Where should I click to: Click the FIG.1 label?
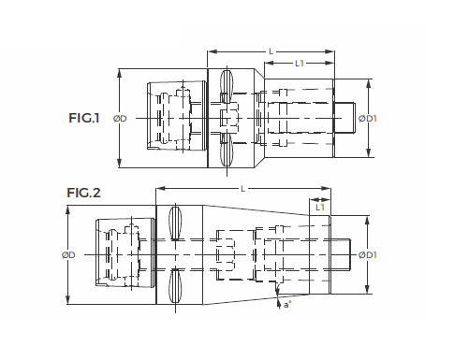pyautogui.click(x=84, y=118)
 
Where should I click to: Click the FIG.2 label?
pyautogui.click(x=83, y=193)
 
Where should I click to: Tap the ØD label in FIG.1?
pyautogui.click(x=120, y=119)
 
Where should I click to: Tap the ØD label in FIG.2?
pyautogui.click(x=68, y=255)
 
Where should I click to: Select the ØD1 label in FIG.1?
pyautogui.click(x=368, y=119)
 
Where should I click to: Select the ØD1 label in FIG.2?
pyautogui.click(x=368, y=255)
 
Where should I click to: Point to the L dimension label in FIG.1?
pyautogui.click(x=271, y=51)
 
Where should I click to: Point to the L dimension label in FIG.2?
pyautogui.click(x=243, y=189)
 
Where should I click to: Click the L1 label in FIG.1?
pyautogui.click(x=300, y=64)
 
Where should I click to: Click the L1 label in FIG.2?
pyautogui.click(x=320, y=208)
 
